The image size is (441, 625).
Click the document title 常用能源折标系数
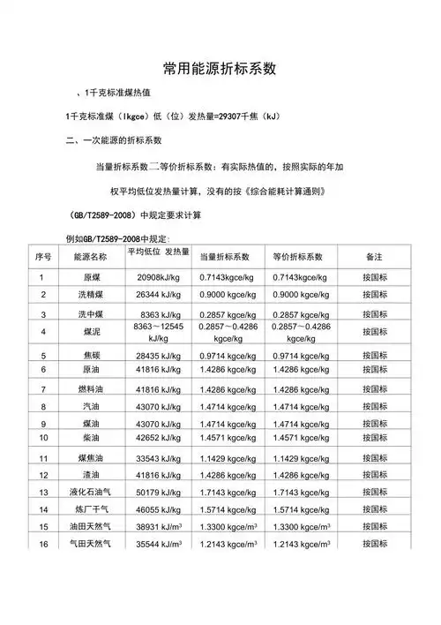point(220,68)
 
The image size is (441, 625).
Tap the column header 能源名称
point(84,257)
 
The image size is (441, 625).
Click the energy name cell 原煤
point(85,277)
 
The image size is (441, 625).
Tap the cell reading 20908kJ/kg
point(159,277)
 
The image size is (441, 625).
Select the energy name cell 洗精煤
point(85,295)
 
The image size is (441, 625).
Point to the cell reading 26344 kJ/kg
point(159,295)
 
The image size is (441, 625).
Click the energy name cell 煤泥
point(85,332)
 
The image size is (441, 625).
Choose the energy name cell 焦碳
point(85,355)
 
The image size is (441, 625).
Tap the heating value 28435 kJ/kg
point(159,355)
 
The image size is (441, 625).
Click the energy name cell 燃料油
point(85,389)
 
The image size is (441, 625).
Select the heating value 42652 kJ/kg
point(159,437)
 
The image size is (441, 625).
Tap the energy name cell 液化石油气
point(85,491)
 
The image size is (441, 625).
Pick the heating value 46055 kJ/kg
point(159,509)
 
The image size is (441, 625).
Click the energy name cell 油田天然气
point(85,527)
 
